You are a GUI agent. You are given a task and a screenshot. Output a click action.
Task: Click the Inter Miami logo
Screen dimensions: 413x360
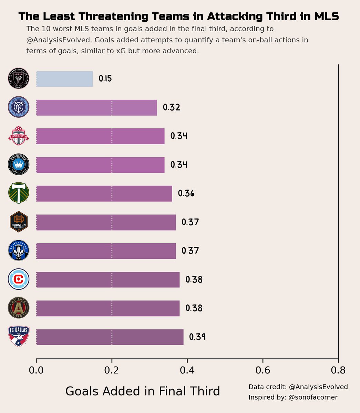coord(19,79)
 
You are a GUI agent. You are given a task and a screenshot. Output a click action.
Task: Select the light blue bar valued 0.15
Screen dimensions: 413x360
coord(64,79)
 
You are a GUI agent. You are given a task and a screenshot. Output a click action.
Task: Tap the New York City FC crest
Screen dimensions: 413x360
coord(19,108)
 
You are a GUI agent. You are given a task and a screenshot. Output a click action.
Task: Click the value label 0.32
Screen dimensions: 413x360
coord(171,108)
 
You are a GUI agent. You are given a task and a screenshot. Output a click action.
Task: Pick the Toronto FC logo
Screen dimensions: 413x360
coord(19,136)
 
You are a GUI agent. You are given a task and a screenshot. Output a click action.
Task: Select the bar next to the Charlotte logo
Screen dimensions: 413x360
coord(100,165)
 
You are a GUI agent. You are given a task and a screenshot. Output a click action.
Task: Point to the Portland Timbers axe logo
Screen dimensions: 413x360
coord(19,193)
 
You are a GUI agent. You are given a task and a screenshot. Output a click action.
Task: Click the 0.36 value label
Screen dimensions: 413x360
coord(186,193)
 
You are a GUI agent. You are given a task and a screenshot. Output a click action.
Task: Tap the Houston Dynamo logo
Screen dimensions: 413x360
coord(19,222)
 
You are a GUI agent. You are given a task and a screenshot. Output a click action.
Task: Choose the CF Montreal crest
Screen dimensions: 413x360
coord(19,251)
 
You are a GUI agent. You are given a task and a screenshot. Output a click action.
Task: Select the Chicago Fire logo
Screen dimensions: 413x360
coord(19,279)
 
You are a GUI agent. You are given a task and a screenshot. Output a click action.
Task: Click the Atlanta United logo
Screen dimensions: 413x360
coord(19,308)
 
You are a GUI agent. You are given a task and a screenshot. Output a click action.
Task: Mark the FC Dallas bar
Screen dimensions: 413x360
coord(110,337)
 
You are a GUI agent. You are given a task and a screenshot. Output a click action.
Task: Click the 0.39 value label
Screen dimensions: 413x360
coord(197,337)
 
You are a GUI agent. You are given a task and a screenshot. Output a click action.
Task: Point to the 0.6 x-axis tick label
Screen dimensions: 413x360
coord(263,370)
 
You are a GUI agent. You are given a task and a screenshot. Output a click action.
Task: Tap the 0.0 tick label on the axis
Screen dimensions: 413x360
coord(36,370)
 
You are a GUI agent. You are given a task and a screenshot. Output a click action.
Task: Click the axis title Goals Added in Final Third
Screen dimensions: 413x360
coord(142,391)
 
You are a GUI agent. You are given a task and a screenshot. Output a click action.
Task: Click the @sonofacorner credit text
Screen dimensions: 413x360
coord(313,398)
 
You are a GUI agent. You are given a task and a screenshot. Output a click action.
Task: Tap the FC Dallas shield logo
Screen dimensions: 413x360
coord(19,336)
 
